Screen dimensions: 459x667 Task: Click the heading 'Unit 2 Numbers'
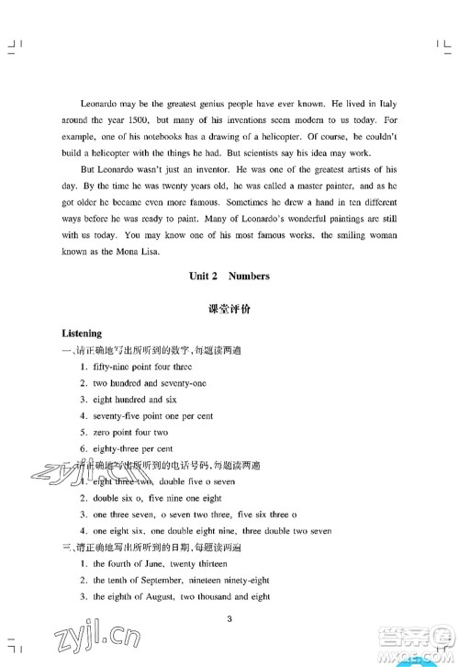click(229, 276)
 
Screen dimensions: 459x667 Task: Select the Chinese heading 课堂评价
click(229, 310)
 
